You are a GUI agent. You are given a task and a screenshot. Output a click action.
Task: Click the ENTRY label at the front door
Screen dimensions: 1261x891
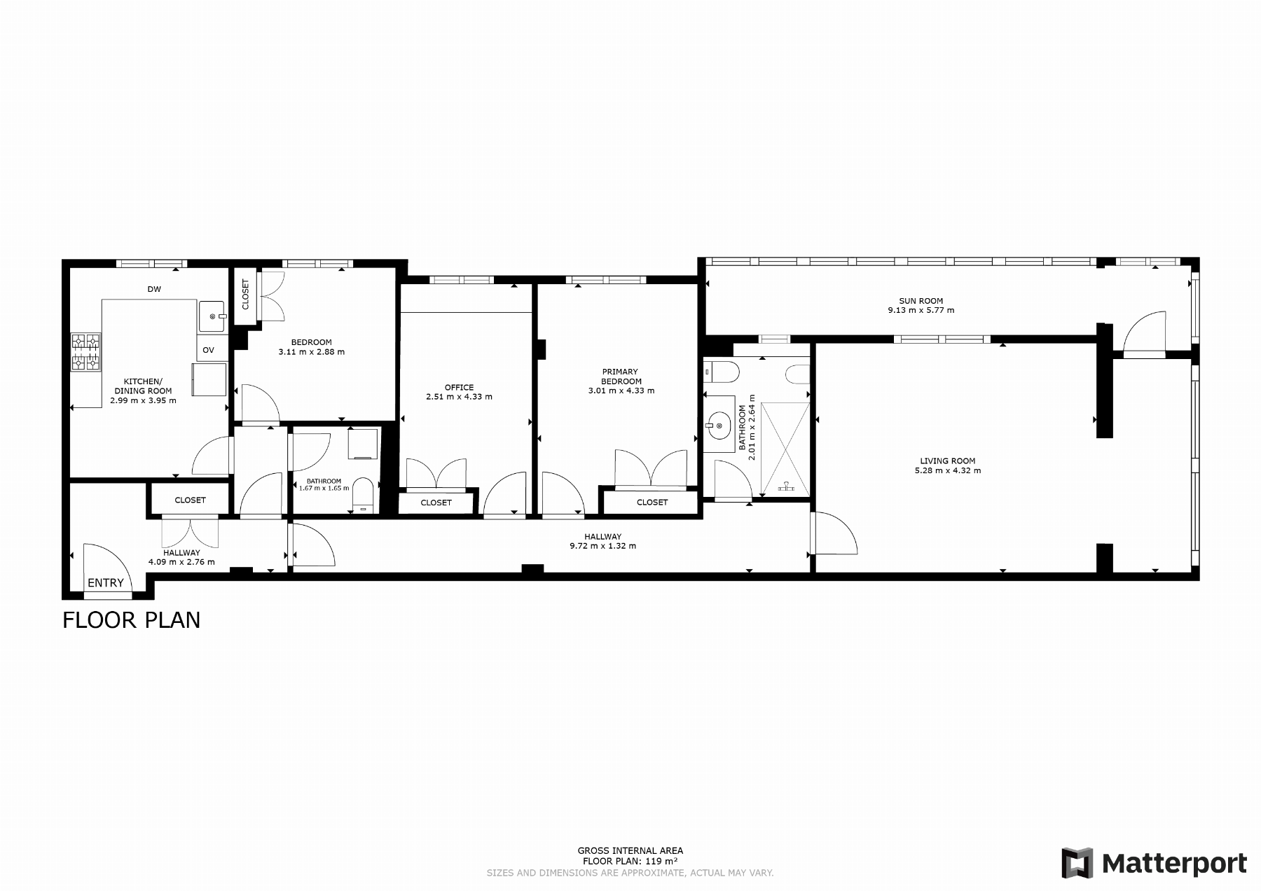point(106,582)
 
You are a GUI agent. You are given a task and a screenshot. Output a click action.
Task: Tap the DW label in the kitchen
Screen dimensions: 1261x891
point(154,289)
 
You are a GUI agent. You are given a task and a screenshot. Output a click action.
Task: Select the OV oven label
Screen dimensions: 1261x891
point(208,350)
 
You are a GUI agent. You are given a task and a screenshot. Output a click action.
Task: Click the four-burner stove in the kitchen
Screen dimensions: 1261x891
point(86,351)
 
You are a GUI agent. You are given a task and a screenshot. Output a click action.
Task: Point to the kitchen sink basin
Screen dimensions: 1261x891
point(212,316)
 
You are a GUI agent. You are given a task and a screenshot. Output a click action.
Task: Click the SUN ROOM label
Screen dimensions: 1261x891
point(921,301)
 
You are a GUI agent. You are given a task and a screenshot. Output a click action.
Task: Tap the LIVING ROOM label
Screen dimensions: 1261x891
point(948,461)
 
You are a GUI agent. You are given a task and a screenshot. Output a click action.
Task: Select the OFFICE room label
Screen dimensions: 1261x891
point(459,387)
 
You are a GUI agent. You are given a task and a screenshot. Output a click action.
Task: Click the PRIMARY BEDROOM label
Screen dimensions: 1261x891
point(621,377)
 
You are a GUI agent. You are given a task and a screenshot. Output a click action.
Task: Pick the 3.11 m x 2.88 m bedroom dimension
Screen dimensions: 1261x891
point(312,352)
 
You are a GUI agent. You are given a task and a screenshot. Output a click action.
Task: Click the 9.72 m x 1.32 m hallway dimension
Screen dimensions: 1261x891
point(603,546)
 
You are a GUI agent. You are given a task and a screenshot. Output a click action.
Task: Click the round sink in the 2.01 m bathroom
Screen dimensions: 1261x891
point(719,424)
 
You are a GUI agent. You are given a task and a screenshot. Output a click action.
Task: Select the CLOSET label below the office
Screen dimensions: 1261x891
point(436,503)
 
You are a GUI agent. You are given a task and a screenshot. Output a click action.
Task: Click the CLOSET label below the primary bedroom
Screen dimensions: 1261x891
point(652,502)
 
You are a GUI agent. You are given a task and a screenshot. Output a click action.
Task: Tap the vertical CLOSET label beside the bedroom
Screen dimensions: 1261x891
point(245,295)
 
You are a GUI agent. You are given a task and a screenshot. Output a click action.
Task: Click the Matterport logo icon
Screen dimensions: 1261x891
point(1077,862)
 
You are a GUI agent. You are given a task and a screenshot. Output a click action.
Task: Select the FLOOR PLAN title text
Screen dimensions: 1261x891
point(132,620)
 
